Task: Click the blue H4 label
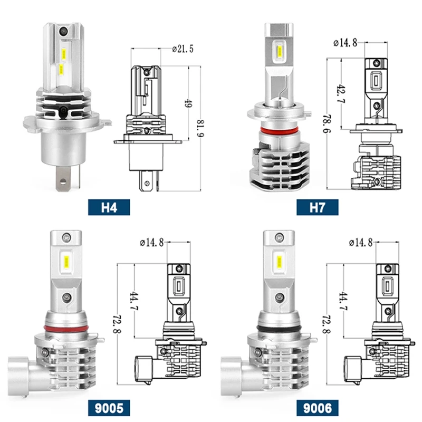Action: (x=109, y=207)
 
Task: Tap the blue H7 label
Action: (x=318, y=207)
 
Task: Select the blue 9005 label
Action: (x=109, y=408)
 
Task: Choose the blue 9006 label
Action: (x=318, y=408)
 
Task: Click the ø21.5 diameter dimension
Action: (x=183, y=49)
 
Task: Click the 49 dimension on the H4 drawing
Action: (x=188, y=103)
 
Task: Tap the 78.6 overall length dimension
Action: (x=327, y=124)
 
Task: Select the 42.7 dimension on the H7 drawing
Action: (x=341, y=93)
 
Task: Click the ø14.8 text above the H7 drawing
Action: (x=346, y=43)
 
